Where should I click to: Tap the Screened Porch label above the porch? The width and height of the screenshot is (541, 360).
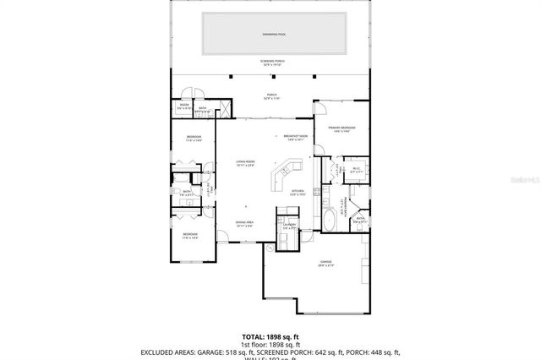tap(270, 63)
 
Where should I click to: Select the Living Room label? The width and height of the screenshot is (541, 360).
tap(244, 164)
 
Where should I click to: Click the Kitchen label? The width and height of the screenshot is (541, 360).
tap(297, 192)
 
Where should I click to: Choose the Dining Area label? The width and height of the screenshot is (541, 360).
tap(245, 224)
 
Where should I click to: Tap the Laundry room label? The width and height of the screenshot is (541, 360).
tap(288, 226)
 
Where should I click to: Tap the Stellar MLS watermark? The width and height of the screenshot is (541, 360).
tap(522, 179)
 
